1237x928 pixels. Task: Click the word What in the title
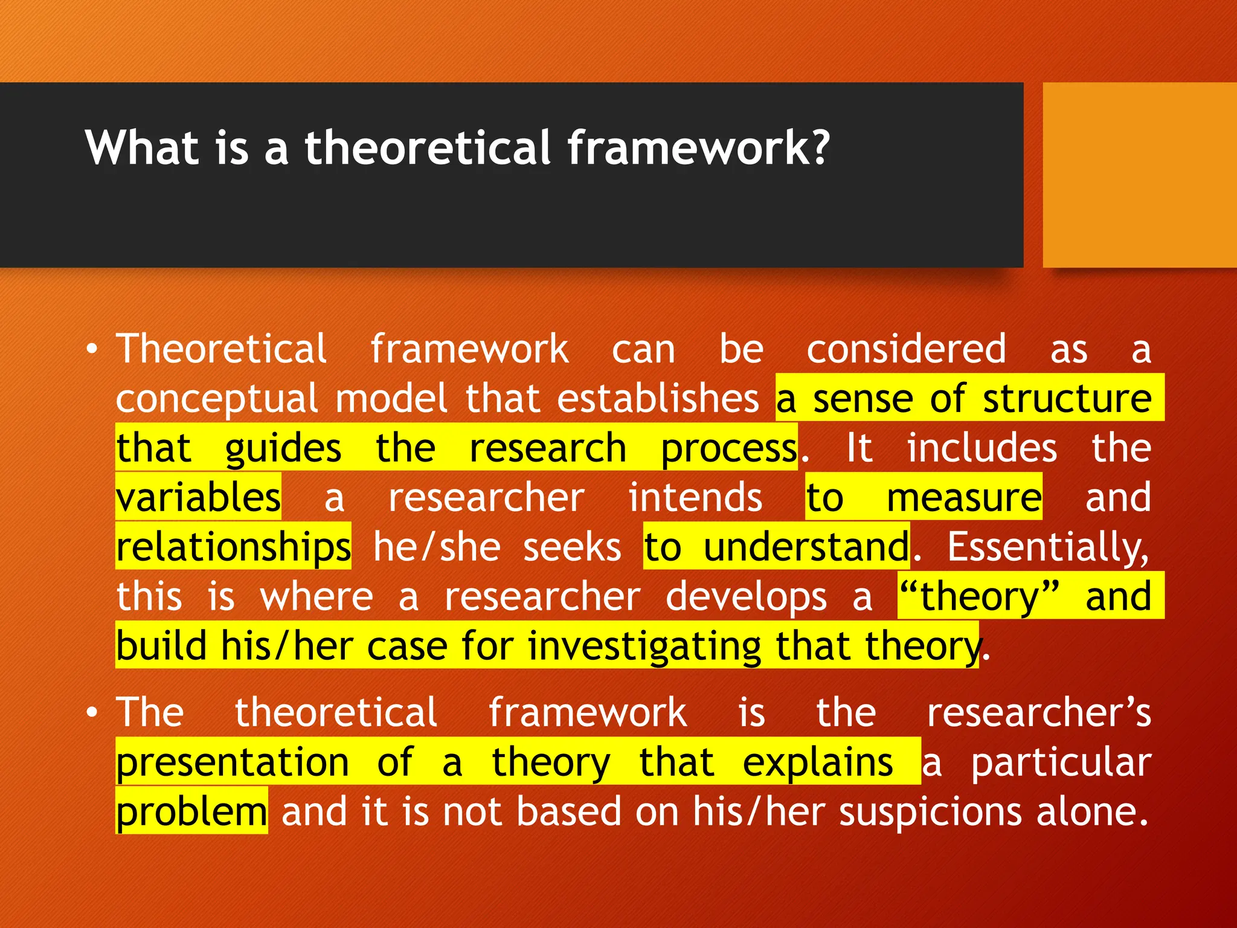142,147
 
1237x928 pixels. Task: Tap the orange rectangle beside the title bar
1139,175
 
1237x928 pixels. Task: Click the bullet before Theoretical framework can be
91,350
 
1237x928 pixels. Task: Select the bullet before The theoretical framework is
91,713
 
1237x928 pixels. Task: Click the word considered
906,349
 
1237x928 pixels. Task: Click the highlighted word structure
1067,399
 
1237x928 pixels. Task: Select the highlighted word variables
198,498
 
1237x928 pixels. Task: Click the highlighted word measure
963,498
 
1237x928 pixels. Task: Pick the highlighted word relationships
233,547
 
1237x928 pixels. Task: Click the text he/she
437,547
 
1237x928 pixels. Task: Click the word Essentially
1047,547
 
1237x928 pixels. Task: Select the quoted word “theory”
978,597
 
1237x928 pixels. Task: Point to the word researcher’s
1039,713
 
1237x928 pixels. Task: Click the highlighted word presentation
233,762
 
